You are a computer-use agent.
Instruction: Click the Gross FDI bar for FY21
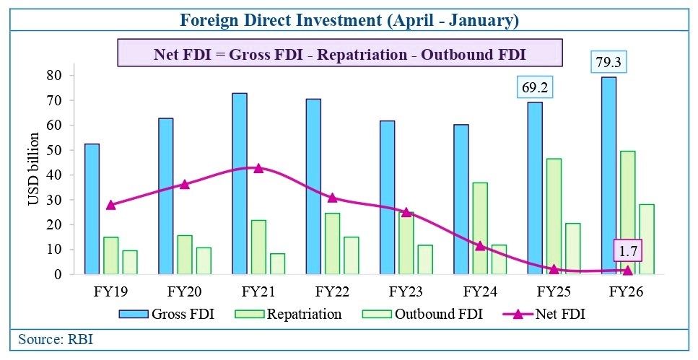pos(240,183)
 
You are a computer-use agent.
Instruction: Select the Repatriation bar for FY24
pos(480,228)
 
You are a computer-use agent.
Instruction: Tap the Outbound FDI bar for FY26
pos(647,239)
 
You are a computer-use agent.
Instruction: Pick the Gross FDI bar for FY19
pos(92,208)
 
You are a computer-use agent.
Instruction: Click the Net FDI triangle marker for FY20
pos(185,184)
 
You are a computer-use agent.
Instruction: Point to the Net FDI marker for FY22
pos(333,198)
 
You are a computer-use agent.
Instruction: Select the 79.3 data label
pos(608,63)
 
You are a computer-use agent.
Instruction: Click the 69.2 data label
pos(535,88)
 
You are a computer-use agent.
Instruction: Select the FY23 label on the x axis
pos(406,292)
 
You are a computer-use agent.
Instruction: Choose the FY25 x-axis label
pos(554,292)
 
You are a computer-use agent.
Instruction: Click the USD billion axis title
pos(34,170)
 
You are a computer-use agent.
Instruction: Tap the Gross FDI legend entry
pos(167,314)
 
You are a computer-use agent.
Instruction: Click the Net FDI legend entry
pos(544,314)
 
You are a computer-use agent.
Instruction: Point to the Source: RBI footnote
pos(56,340)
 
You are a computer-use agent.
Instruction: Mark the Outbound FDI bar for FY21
pos(277,264)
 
